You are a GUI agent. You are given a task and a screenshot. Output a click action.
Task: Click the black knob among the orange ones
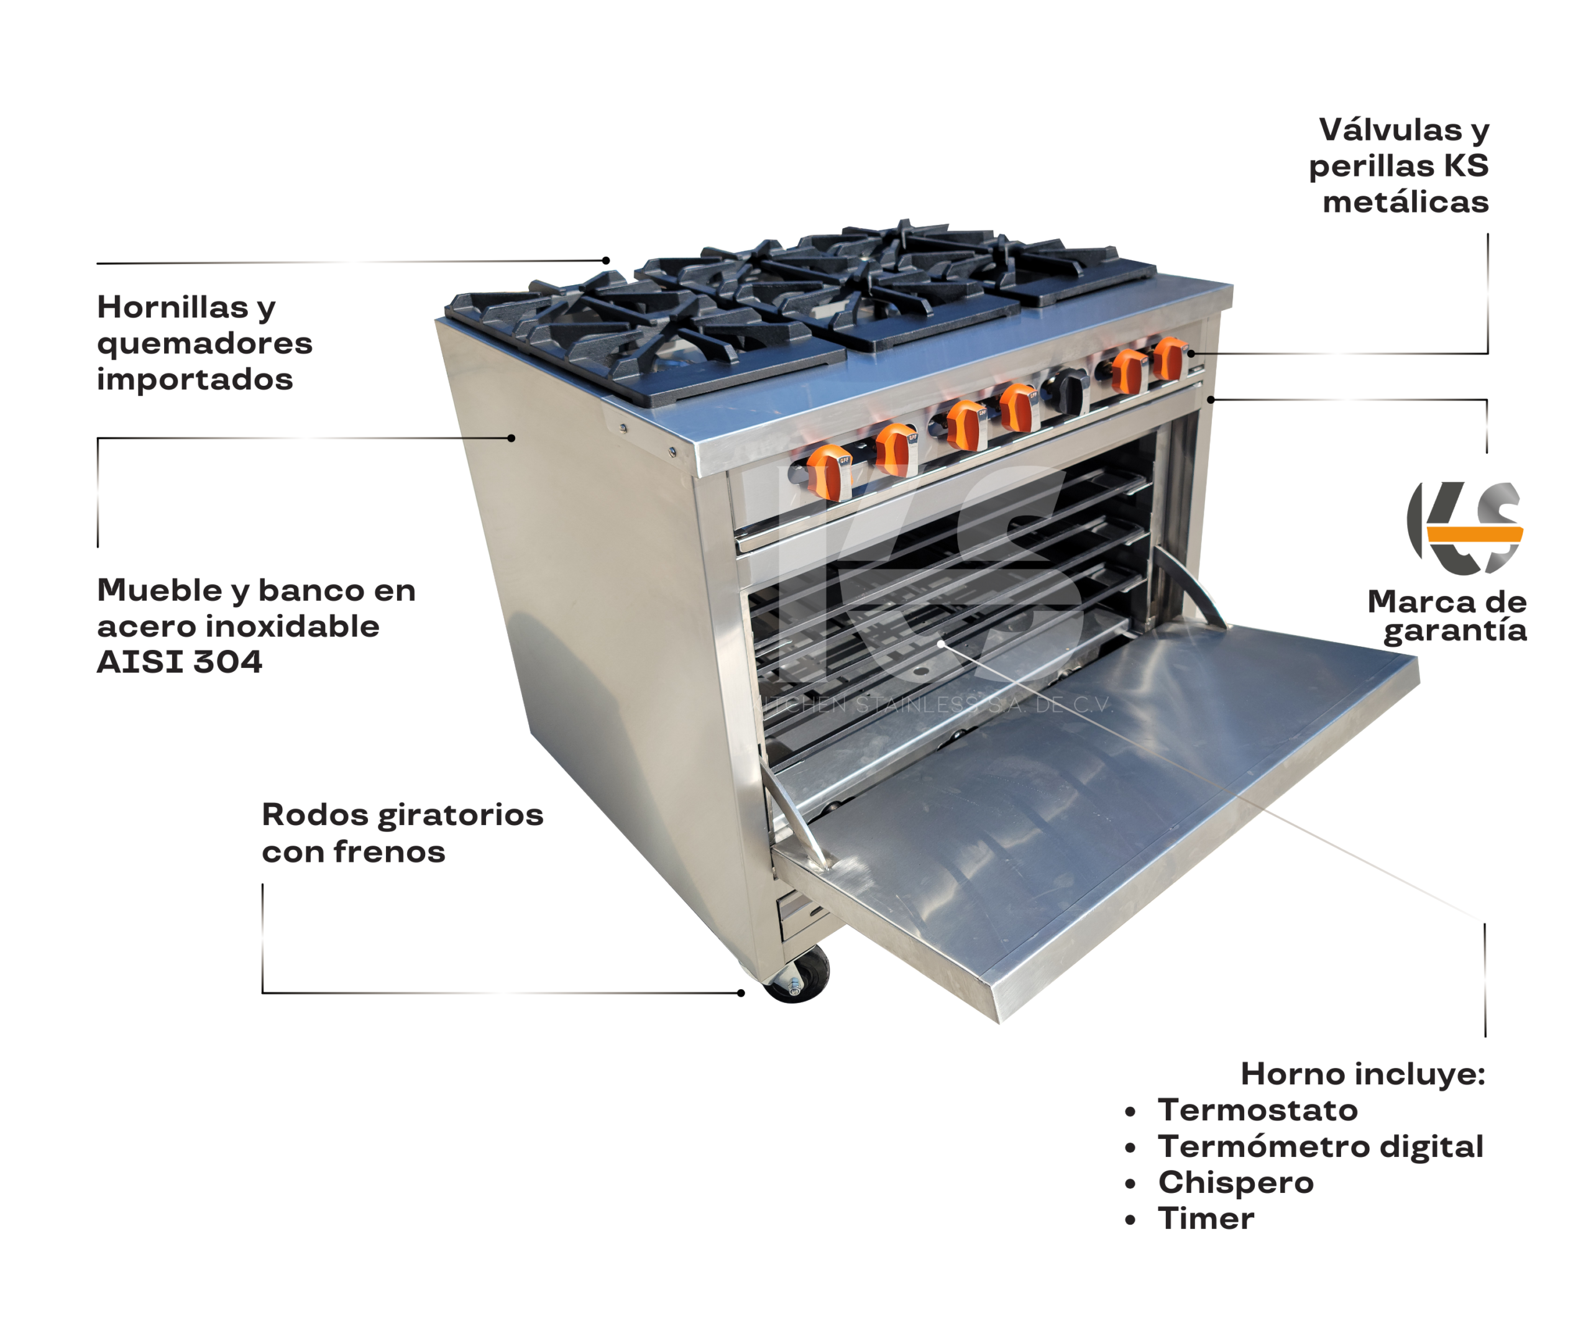click(1069, 390)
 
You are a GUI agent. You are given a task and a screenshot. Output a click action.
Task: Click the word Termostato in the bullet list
click(1257, 1110)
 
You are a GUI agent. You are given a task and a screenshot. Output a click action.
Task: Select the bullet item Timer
click(1206, 1218)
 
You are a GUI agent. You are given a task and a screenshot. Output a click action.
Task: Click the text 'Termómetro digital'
click(1320, 1146)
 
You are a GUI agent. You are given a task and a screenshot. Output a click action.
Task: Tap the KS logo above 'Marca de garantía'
click(1465, 528)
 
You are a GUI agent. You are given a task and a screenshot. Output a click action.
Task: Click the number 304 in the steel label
click(227, 662)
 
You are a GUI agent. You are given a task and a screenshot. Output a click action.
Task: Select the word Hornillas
click(172, 308)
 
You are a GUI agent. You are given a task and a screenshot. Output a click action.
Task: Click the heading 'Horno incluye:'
click(1362, 1074)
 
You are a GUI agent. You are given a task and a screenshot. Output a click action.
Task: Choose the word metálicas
click(1405, 202)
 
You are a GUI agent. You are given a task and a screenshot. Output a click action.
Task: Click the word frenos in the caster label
click(390, 852)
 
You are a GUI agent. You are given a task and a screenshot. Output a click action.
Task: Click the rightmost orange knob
click(1169, 359)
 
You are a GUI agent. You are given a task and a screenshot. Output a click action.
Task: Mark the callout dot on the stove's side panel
click(511, 438)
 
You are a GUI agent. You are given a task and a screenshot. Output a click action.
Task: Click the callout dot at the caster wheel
click(741, 993)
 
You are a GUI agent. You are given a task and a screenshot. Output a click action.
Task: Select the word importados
click(195, 380)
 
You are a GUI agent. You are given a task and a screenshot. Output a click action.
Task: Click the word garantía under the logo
click(1454, 631)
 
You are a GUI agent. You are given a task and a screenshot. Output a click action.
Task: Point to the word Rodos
click(315, 815)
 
